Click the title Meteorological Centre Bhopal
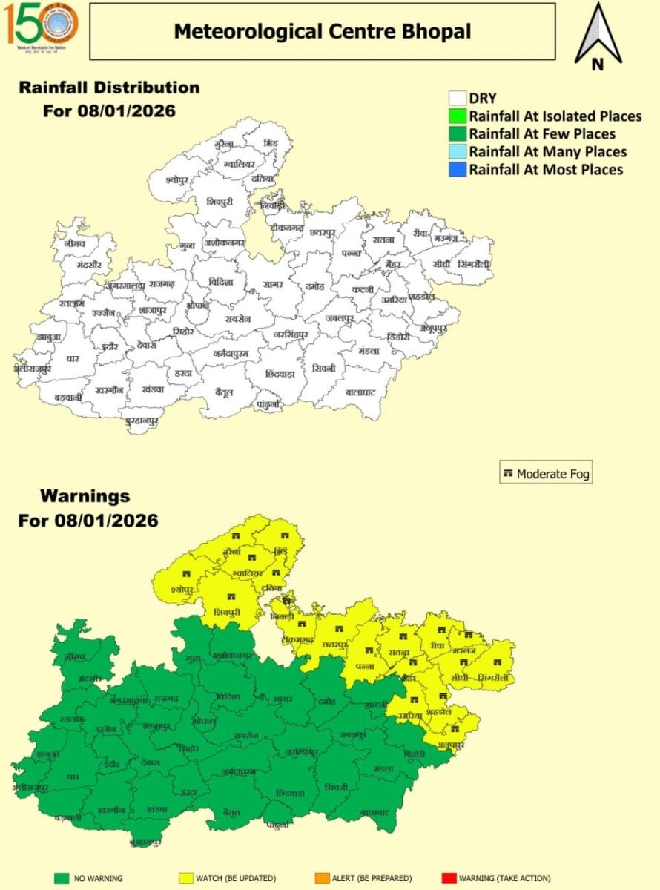(322, 31)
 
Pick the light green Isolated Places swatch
(457, 116)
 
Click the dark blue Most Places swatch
(457, 169)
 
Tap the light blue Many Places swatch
(457, 152)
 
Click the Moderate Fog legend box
(546, 473)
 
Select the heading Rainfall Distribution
(109, 88)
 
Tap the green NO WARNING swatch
(62, 878)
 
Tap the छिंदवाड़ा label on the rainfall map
(280, 373)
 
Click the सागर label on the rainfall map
(272, 285)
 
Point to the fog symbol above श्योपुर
(184, 573)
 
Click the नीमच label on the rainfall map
(75, 243)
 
